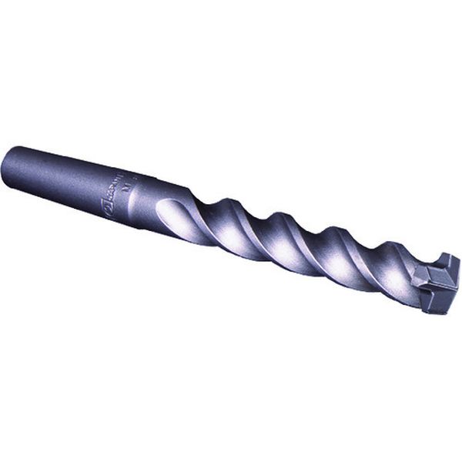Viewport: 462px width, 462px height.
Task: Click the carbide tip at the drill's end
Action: [435, 284]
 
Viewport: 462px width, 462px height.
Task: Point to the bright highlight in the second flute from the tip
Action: [346, 266]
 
